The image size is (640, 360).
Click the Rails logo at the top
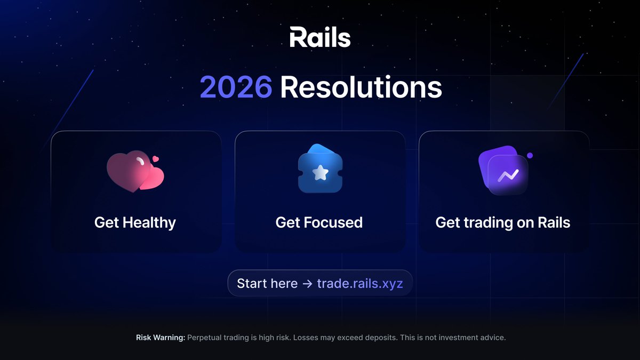[320, 38]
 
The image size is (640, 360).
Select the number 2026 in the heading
[236, 87]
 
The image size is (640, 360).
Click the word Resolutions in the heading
[361, 87]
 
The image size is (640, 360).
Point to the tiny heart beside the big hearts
[155, 158]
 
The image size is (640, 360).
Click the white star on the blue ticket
[319, 172]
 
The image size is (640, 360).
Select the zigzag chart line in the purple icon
[508, 175]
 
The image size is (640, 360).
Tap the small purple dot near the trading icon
[530, 155]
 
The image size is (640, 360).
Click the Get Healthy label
[135, 222]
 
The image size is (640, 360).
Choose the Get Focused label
[319, 222]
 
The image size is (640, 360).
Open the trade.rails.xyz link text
[360, 283]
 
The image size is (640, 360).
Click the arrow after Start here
[307, 283]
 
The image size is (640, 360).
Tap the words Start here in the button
[267, 283]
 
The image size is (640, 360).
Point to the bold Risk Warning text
[161, 338]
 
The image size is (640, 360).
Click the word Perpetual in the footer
[206, 338]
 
